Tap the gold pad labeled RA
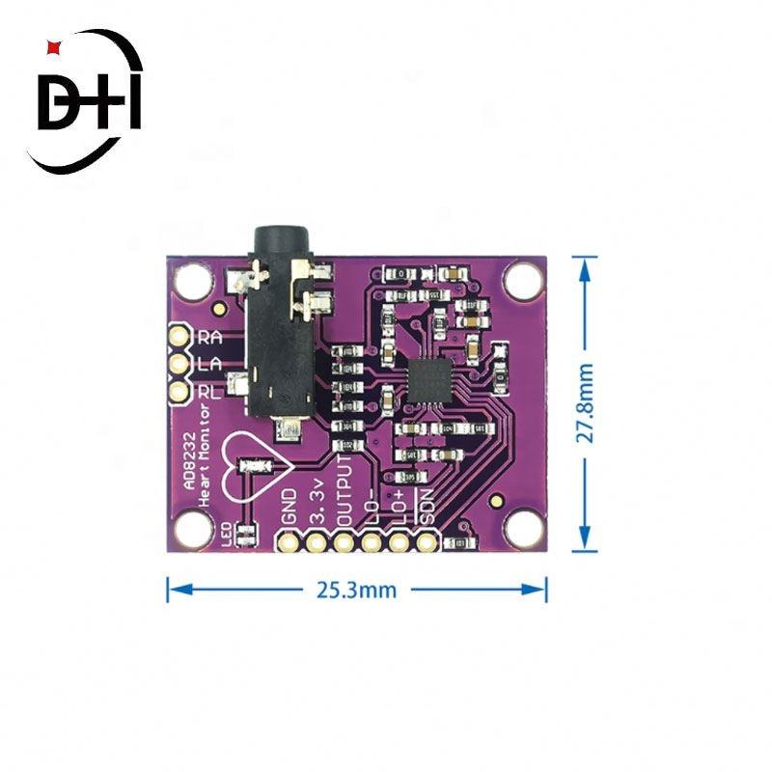click(179, 337)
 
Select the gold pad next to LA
click(179, 364)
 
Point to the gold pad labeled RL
click(179, 392)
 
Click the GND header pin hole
click(288, 541)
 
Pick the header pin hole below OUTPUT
click(344, 541)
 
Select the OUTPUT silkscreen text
click(344, 486)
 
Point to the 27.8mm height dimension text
click(586, 403)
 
